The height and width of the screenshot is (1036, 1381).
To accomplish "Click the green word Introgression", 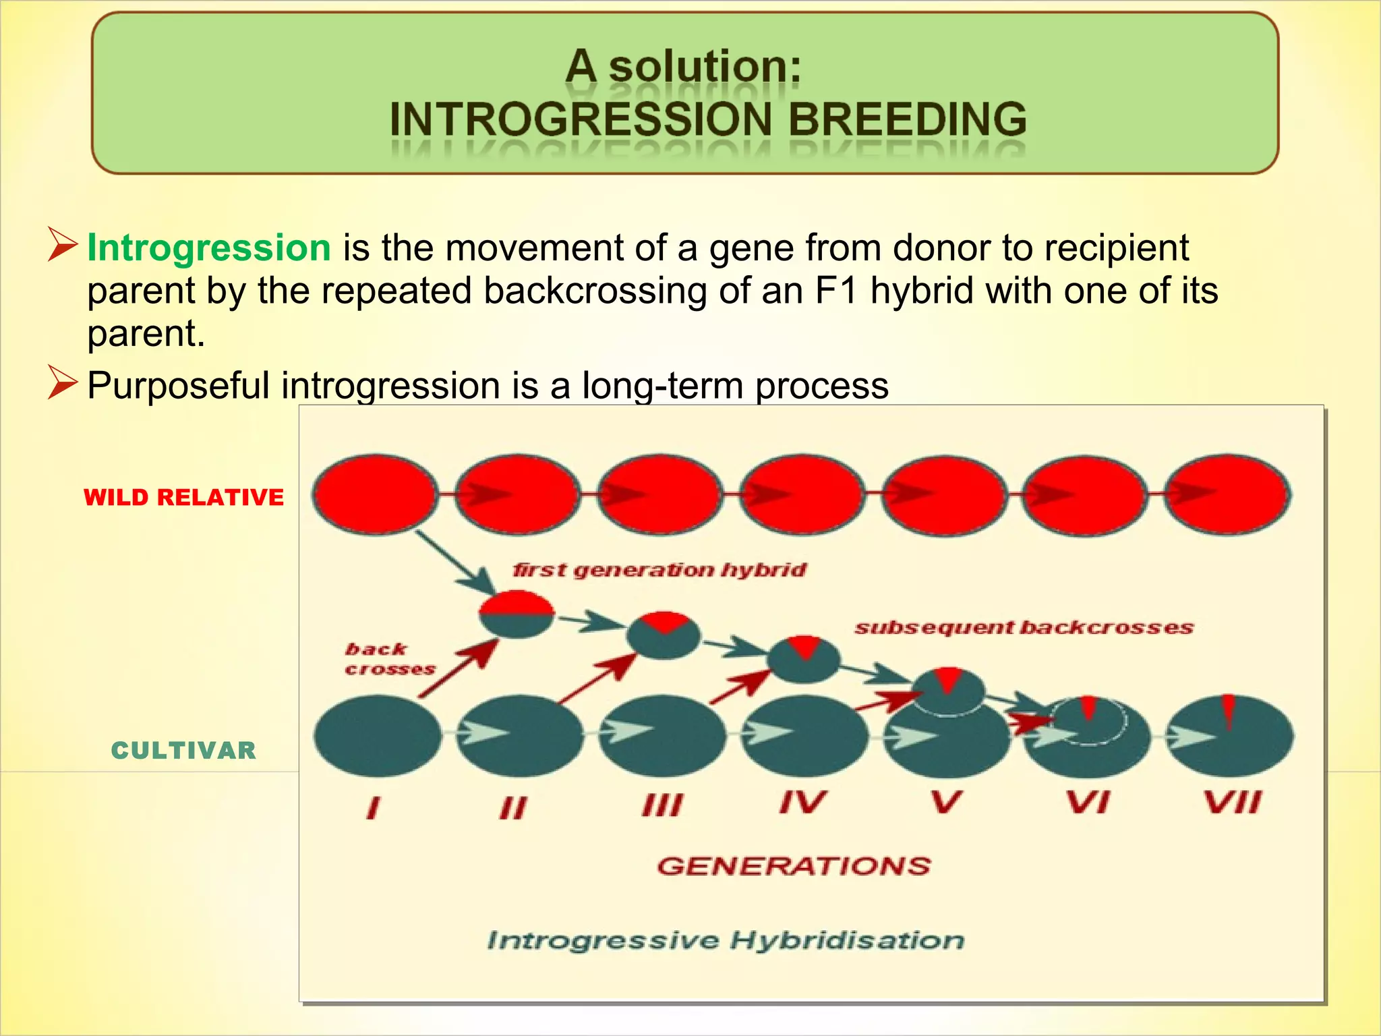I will click(208, 248).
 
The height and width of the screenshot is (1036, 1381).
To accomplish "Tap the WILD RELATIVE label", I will click(183, 498).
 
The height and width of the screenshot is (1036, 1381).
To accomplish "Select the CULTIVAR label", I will click(183, 751).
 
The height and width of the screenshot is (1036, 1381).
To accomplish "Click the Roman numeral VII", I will click(1231, 803).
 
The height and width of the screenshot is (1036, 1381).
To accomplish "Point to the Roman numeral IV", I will click(802, 803).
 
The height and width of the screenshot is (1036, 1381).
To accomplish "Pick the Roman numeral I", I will click(373, 807).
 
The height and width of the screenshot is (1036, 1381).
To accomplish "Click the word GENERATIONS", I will click(794, 866).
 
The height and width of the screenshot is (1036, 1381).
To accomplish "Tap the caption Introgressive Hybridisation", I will click(726, 940).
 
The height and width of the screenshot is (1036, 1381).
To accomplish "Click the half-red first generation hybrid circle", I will click(517, 614).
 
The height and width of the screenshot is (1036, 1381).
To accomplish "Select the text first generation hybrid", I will click(659, 571).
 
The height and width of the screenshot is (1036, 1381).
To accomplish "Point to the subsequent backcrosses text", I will click(1024, 628).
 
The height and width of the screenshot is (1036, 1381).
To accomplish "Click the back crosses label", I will click(389, 659).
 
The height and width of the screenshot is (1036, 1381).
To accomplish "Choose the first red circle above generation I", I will click(376, 495).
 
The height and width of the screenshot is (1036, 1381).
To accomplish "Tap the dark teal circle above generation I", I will click(377, 735).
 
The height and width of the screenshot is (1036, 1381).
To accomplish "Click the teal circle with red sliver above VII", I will click(1230, 735).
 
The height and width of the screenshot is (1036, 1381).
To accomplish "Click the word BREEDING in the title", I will click(907, 119).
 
